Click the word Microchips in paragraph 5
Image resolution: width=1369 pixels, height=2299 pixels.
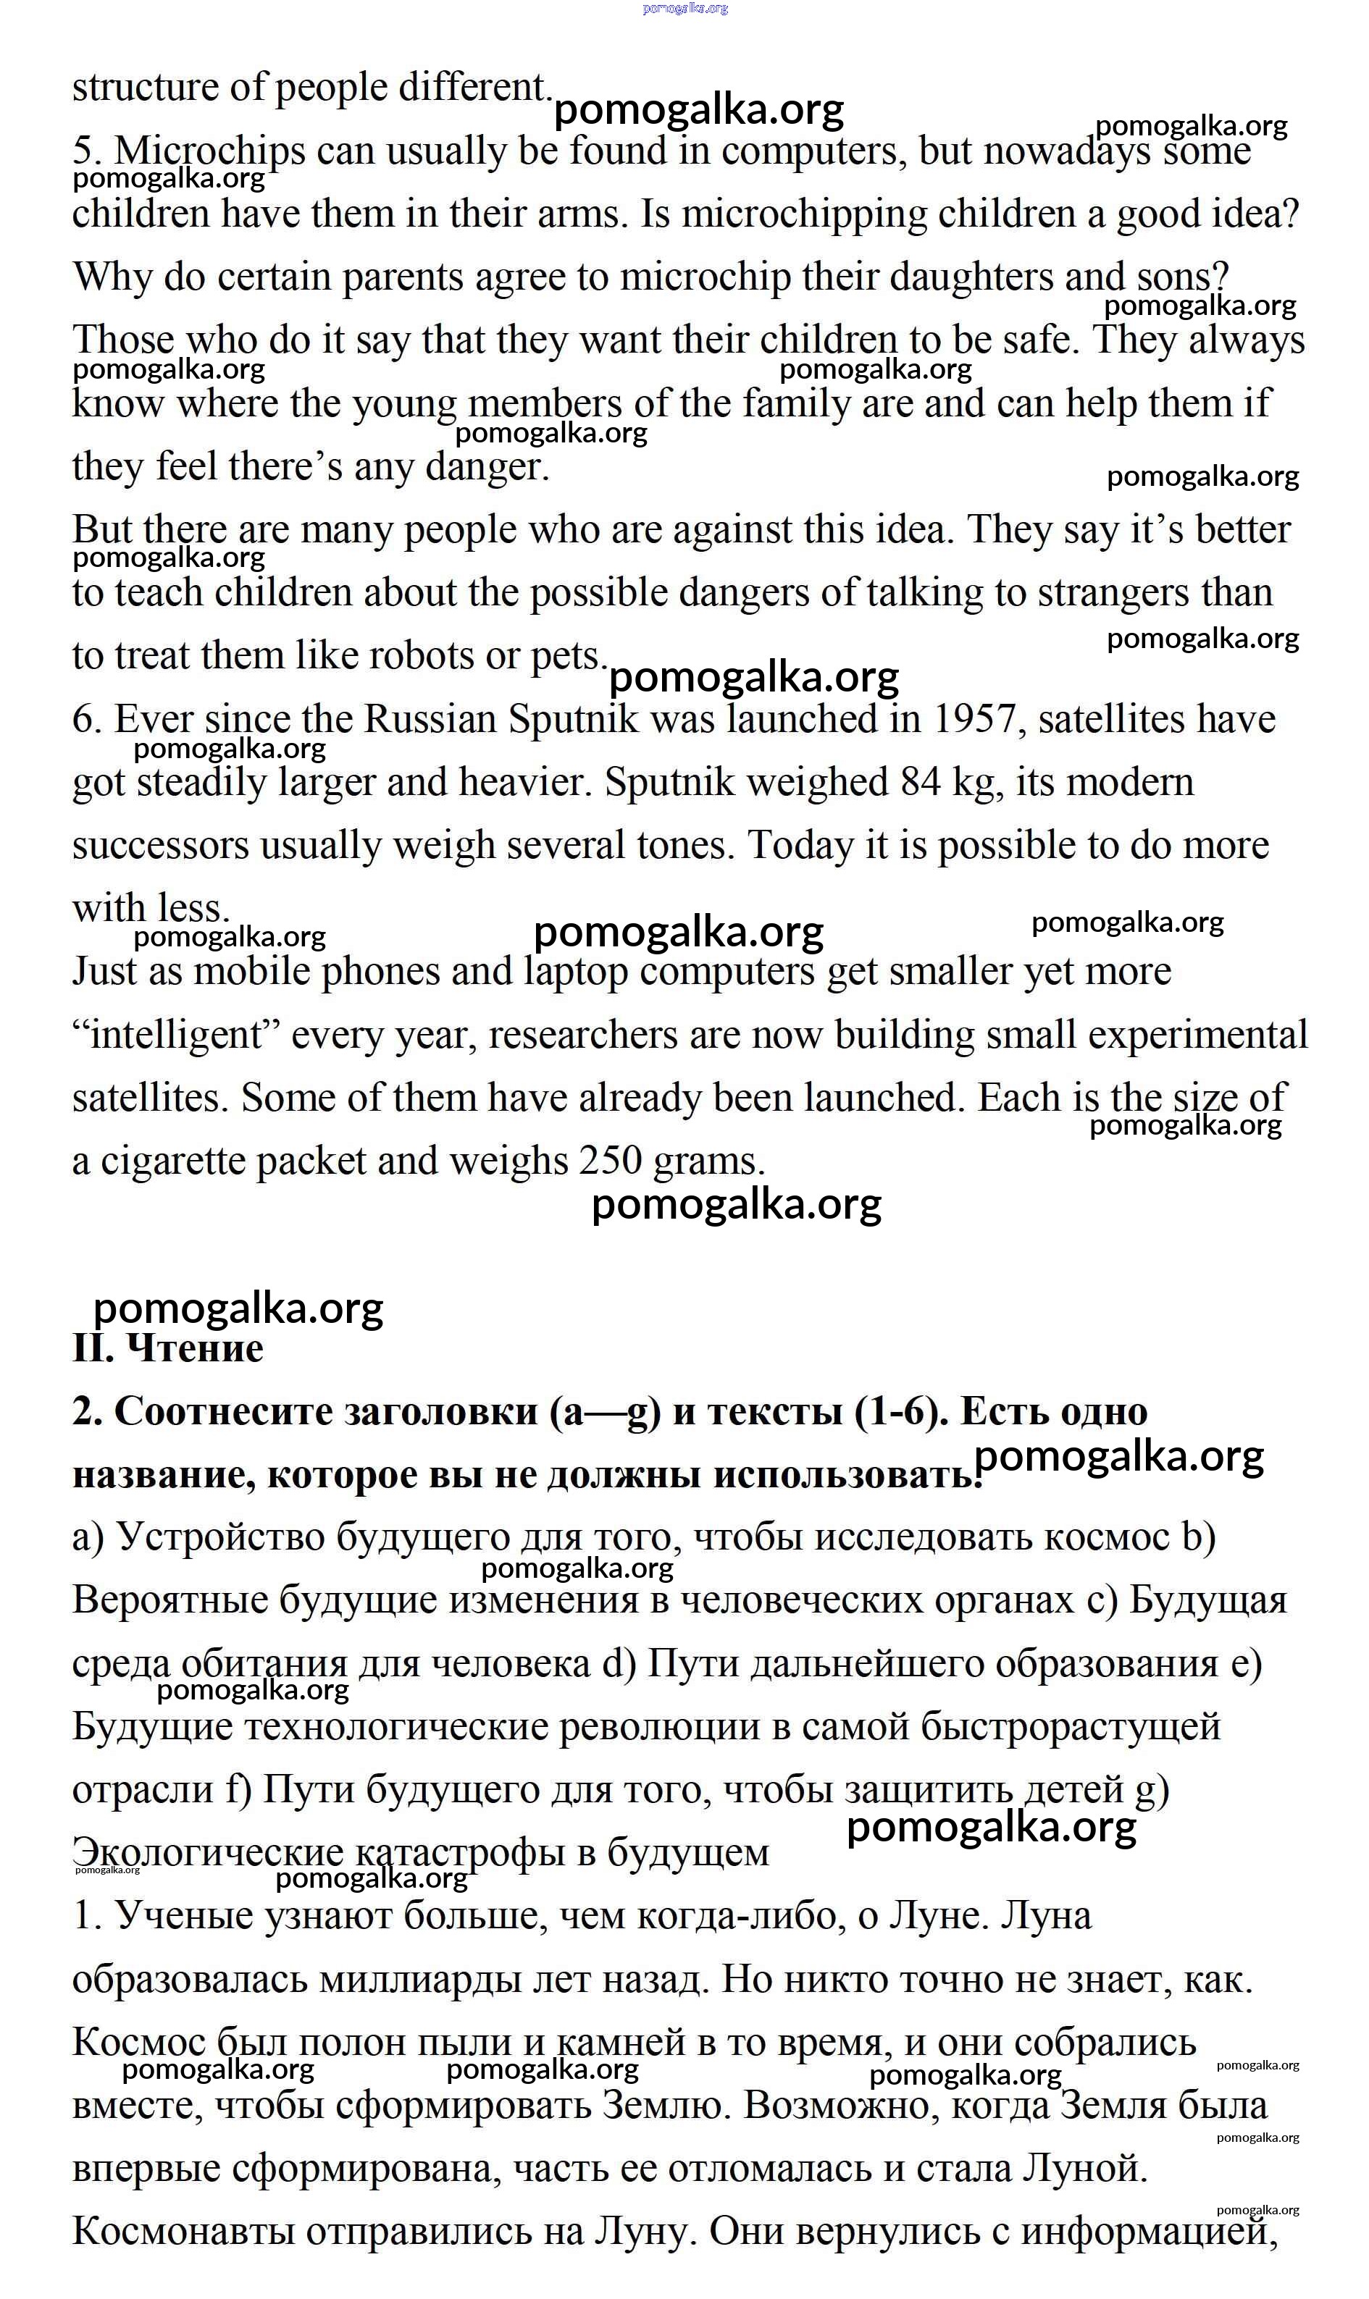pos(209,151)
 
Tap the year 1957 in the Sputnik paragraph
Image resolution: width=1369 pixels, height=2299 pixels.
pos(977,719)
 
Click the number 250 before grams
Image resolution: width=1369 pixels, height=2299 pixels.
pos(610,1160)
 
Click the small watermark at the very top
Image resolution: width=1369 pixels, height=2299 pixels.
pos(685,8)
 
